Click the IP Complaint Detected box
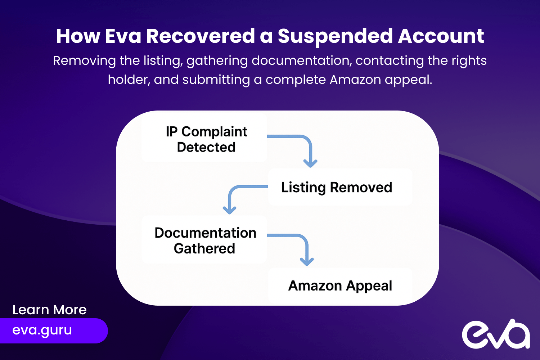coord(204,139)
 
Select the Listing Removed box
coord(340,187)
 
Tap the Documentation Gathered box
coord(204,240)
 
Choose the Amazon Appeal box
coord(340,286)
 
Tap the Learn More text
coord(49,310)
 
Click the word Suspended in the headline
coord(335,36)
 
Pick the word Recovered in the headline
coord(201,36)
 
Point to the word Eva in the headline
coord(123,36)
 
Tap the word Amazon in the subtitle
coord(355,80)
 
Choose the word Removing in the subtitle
coord(84,61)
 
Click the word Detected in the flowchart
coord(206,147)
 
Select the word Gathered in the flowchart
coord(204,248)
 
